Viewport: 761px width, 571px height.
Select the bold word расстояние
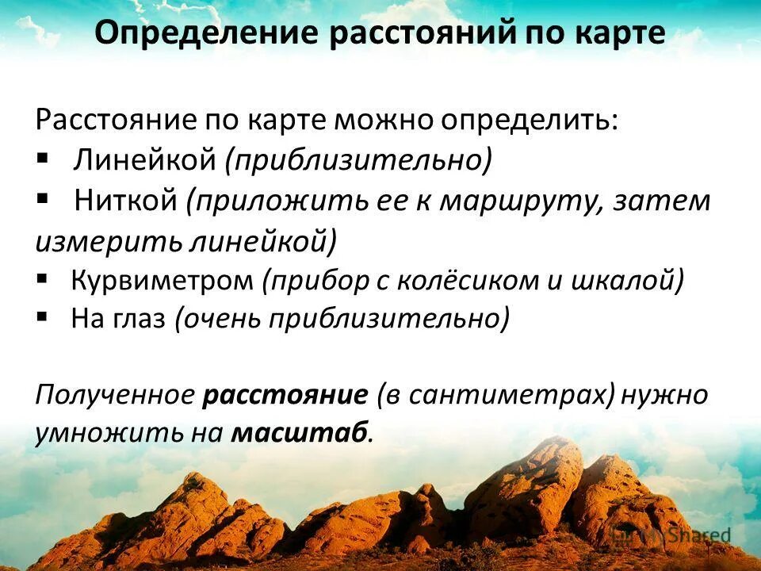(x=286, y=394)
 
